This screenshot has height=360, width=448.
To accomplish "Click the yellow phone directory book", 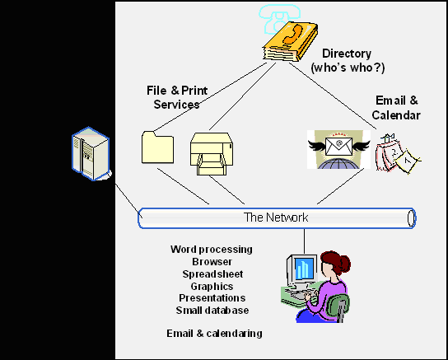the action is coord(290,42).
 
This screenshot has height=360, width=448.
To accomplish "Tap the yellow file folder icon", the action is coord(158,147).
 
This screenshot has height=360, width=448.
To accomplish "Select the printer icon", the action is coord(212,154).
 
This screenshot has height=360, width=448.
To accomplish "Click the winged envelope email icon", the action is coord(338,149).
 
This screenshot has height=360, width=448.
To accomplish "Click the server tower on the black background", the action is coord(91,154).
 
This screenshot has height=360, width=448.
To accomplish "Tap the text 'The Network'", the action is coord(276,217).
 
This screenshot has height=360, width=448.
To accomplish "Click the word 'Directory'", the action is coord(347,54).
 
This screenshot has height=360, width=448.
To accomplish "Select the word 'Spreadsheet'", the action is coord(212,274).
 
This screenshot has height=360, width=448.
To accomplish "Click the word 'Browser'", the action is coord(212,262).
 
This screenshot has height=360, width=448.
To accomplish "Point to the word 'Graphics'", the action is coord(212,286).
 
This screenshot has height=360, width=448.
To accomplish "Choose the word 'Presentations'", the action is coord(212,298).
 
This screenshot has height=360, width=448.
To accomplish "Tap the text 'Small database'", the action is coord(212,311).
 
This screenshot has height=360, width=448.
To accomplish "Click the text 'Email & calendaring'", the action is coord(215,334).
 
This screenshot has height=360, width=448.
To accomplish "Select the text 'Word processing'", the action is coord(212,250).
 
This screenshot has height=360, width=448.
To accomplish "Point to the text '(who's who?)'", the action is coord(348,68).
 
